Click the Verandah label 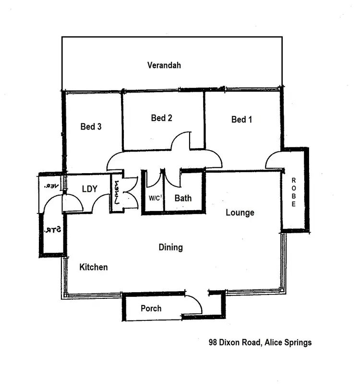[164, 66]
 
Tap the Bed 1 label [241, 119]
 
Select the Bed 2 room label [161, 118]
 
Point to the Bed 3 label [91, 127]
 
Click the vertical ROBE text [294, 192]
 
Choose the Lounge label [240, 212]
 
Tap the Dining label [171, 248]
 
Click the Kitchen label [93, 267]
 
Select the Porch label [151, 308]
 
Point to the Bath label [183, 198]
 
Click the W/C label [155, 198]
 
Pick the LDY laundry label [90, 189]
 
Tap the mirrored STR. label [52, 230]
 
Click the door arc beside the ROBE [274, 160]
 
